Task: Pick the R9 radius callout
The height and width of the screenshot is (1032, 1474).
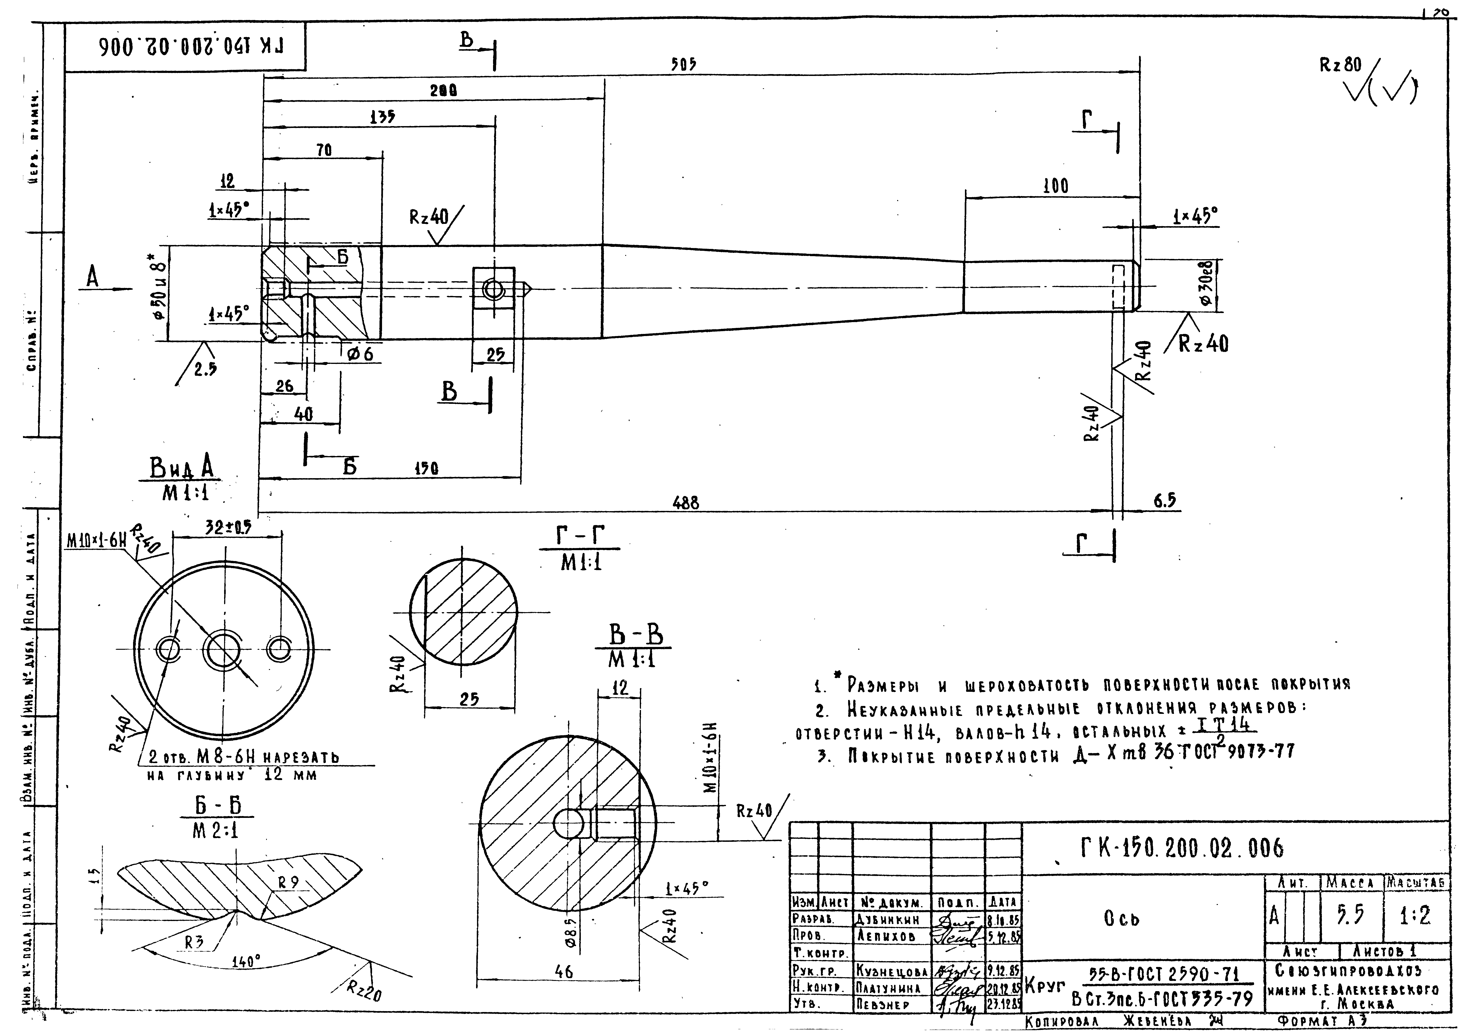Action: click(289, 883)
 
